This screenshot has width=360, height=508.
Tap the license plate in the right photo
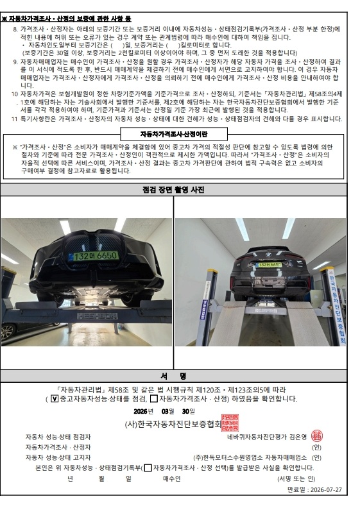[x=269, y=265]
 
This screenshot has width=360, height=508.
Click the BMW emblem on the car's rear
[x=269, y=255]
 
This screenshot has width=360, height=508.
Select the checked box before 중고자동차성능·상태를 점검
[x=55, y=398]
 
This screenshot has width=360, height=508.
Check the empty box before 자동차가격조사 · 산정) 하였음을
[x=154, y=398]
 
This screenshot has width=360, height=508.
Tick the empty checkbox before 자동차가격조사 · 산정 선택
[x=148, y=468]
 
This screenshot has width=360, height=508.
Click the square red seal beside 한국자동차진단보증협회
[x=230, y=423]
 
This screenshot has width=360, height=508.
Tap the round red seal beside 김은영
[x=316, y=436]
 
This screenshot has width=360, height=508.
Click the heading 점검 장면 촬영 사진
[x=173, y=190]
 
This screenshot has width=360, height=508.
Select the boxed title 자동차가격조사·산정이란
[x=174, y=134]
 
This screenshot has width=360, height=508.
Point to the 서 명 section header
[x=173, y=376]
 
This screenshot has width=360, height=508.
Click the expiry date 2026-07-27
[x=326, y=489]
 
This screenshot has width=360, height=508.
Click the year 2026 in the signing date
[x=140, y=411]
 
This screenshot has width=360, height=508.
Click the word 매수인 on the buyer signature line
[x=172, y=478]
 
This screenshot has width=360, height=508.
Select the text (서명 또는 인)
[x=296, y=478]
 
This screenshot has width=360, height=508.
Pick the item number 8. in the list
[x=15, y=30]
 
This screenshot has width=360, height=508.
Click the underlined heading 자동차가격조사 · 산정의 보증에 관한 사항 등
[x=66, y=19]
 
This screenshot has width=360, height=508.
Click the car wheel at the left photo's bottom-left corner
[x=7, y=332]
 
